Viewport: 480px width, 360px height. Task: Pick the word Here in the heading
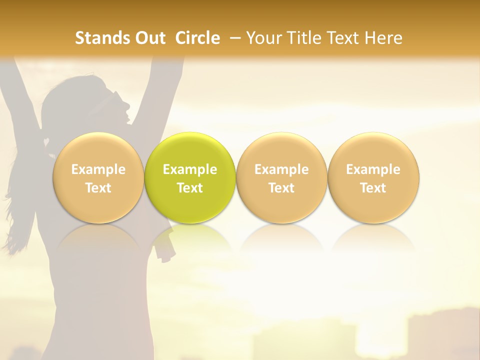coord(383,38)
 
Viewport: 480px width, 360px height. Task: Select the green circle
coord(190,177)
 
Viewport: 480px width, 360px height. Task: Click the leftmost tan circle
coord(98,177)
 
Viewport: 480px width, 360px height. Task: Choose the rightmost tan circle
coord(373,177)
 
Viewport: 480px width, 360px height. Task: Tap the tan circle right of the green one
coord(281,177)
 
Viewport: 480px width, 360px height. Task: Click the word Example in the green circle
coord(190,169)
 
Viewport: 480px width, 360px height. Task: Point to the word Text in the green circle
coord(190,188)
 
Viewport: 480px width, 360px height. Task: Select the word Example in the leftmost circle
coord(98,169)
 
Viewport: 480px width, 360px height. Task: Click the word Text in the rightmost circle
coord(373,188)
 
